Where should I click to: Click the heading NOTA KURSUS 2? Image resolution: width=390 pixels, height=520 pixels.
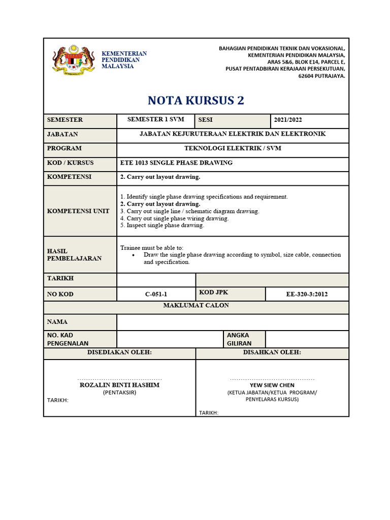pos(196,101)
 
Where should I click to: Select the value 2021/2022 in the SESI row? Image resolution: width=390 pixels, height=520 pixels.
pos(288,120)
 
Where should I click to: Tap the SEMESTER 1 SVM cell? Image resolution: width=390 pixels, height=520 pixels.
pos(155,119)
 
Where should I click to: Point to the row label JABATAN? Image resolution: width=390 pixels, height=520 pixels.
pos(62,134)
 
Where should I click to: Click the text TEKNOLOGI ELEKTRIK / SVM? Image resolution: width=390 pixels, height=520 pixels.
pos(232,148)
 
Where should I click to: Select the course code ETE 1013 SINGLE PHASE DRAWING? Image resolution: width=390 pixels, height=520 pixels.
pos(176,162)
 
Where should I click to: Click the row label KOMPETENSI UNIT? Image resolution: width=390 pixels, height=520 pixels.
pos(78,211)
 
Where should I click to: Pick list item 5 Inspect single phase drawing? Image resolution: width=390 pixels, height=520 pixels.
pos(162,225)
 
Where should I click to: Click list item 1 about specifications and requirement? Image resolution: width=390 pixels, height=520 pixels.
pos(204,197)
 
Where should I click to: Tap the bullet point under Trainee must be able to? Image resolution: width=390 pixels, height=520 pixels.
pos(133,255)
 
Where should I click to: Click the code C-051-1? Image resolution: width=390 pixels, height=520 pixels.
pos(156,294)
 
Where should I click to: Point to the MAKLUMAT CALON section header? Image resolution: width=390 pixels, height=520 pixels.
pos(196,305)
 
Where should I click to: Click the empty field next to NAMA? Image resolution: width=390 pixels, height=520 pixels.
pos(232,322)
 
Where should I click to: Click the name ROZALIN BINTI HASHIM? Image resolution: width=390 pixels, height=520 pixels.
pos(119,385)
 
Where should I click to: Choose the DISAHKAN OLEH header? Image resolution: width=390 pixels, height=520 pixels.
pos(272,352)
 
